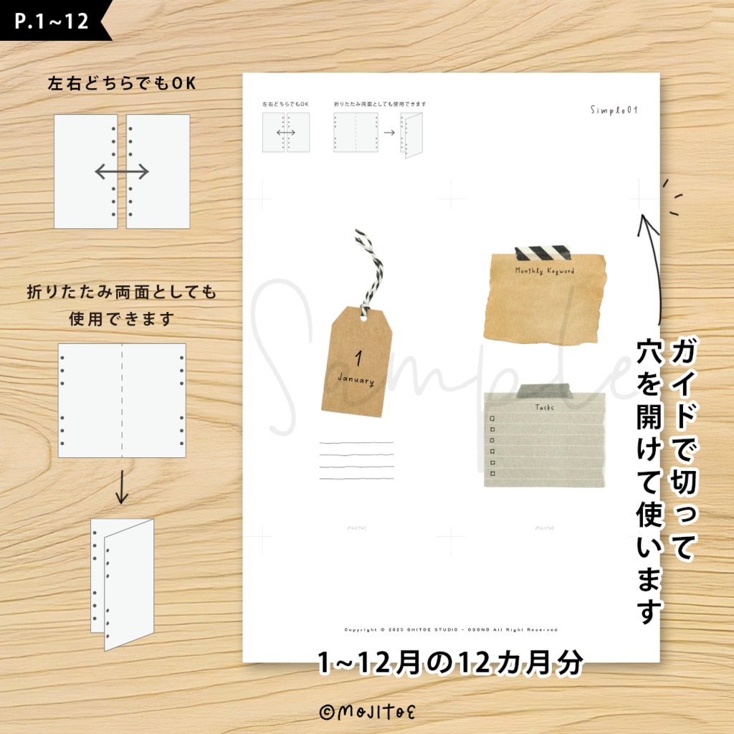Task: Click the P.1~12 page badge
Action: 52,21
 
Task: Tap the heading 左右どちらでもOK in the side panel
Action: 121,84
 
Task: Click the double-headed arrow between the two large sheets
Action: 122,171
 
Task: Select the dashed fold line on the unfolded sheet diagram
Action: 122,401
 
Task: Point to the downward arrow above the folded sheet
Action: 122,487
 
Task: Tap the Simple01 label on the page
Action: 614,110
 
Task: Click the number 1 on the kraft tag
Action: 359,357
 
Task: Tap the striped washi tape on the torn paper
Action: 543,253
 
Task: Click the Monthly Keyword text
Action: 545,272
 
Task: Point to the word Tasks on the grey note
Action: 545,408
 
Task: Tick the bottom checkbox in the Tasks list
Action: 492,473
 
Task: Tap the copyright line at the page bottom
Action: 451,630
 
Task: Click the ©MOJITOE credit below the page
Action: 367,712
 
